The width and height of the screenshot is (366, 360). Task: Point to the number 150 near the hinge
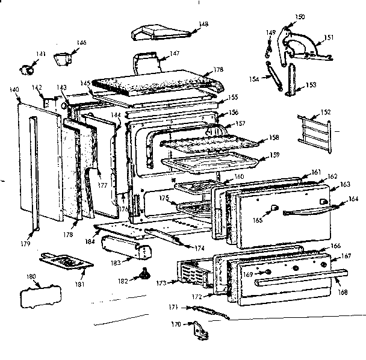(x=300, y=16)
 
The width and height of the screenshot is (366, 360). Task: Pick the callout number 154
(x=254, y=79)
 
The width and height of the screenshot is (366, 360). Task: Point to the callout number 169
(x=247, y=275)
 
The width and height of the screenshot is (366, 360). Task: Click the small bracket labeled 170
(x=197, y=329)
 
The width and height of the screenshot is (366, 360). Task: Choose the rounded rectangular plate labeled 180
(x=40, y=296)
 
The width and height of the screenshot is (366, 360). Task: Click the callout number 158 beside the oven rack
(x=274, y=138)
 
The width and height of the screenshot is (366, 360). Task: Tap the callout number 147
(x=175, y=54)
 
